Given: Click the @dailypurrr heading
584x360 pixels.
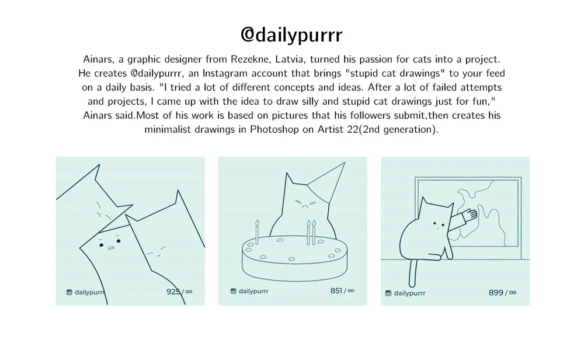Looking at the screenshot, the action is (x=291, y=35).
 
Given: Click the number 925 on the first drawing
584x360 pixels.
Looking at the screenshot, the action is (x=173, y=292).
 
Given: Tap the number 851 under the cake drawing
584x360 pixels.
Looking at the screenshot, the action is (x=336, y=290).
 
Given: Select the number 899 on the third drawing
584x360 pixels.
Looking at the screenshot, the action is (x=496, y=293).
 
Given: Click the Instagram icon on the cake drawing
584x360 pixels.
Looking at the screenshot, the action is (x=233, y=291).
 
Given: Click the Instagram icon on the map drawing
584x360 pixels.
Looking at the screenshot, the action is (x=388, y=293).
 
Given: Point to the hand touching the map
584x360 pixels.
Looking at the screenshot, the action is (x=470, y=214).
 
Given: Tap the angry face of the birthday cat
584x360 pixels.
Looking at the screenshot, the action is (x=305, y=203).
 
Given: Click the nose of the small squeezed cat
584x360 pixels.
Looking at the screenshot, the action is (x=110, y=248).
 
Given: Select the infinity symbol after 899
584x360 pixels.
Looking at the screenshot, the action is (x=513, y=293).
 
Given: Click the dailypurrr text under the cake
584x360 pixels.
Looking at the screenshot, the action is (x=253, y=291).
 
